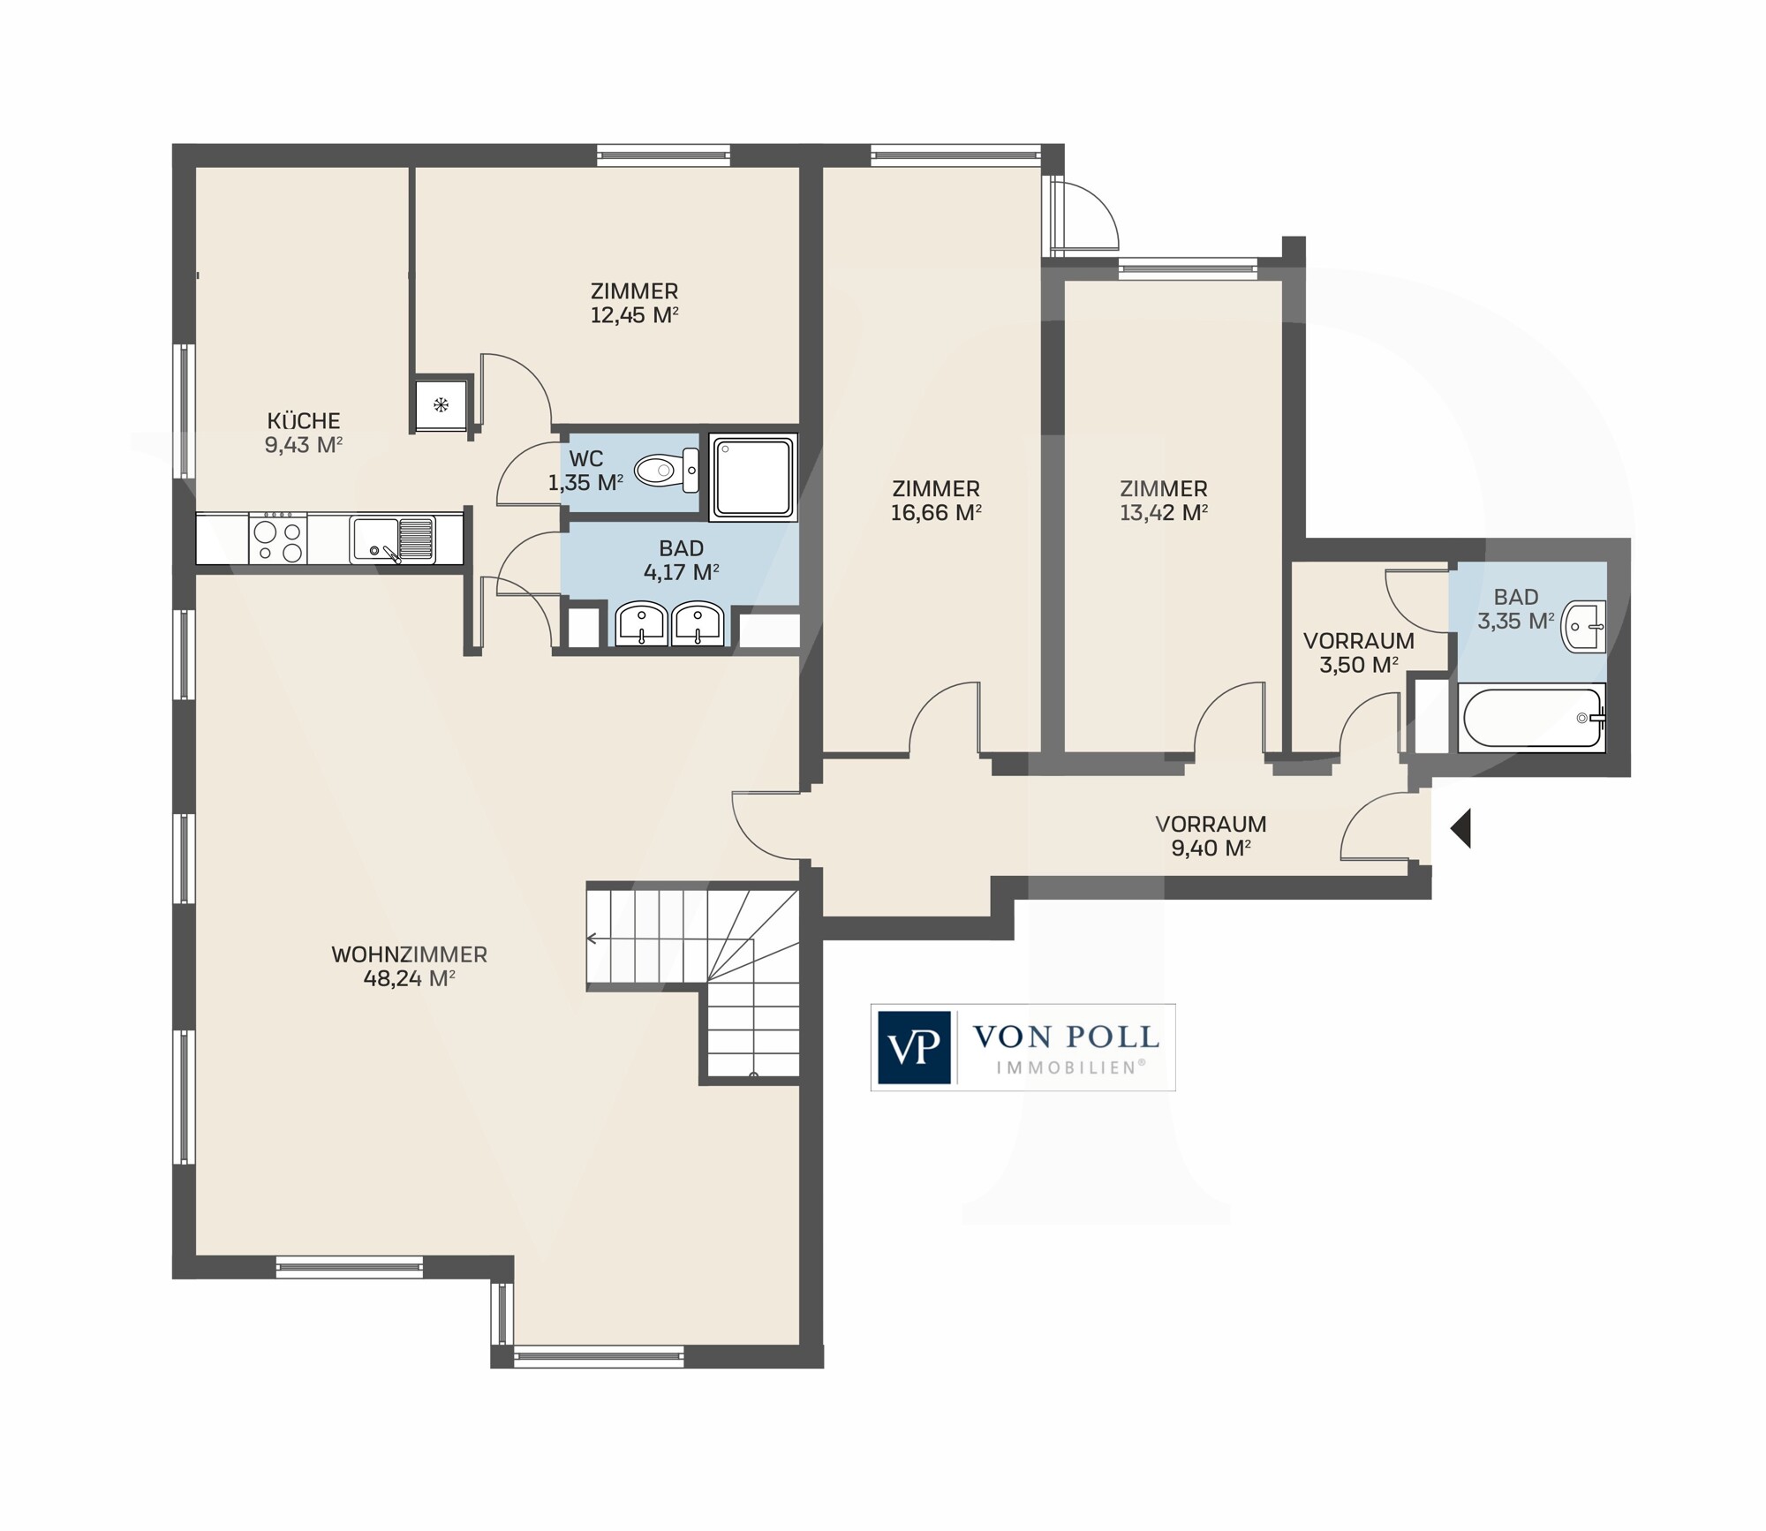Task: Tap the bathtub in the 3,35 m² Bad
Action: (x=1532, y=719)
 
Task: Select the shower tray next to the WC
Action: (x=753, y=477)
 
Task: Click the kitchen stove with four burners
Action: (x=278, y=538)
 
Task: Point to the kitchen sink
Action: (x=393, y=539)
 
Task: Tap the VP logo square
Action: (x=914, y=1047)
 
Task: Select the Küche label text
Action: (x=304, y=421)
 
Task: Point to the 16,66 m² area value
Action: (x=936, y=512)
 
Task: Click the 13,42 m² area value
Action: (x=1164, y=512)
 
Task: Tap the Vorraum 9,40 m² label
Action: (x=1211, y=836)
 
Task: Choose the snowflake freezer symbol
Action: (x=441, y=405)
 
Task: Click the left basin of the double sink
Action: (x=642, y=623)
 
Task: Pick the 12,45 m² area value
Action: (x=634, y=315)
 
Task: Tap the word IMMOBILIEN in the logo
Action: (x=1071, y=1067)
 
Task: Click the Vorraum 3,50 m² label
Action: (x=1359, y=652)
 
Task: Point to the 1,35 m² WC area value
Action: (x=585, y=483)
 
